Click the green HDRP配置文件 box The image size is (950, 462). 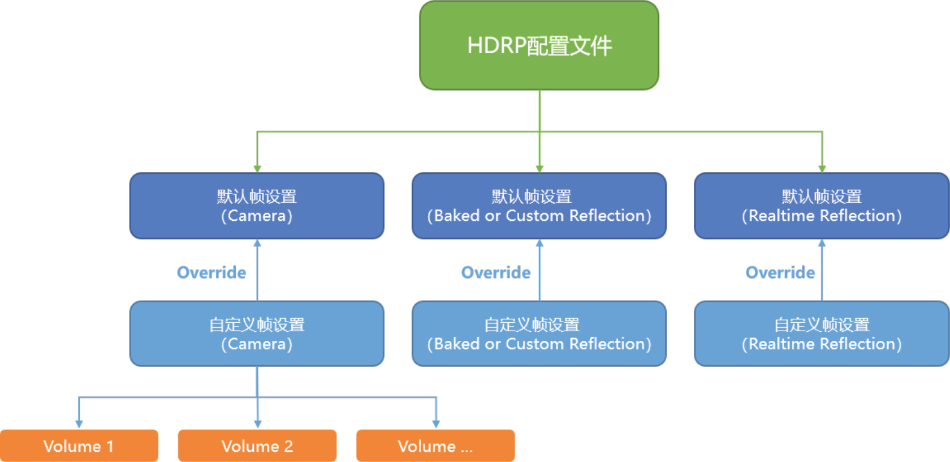coord(539,45)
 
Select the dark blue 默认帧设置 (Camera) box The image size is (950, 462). coord(257,206)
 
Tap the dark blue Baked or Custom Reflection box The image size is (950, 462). coord(539,206)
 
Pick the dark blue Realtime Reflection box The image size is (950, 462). coord(821,206)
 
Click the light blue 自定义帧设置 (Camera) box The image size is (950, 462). coord(257,333)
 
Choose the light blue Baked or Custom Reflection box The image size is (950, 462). coord(539,333)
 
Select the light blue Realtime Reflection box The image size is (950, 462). coord(821,333)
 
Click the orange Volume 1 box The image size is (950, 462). coord(79,446)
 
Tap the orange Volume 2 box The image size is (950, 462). coord(257,446)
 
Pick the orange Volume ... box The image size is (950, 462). coord(435,446)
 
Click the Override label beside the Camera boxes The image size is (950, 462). coord(211,272)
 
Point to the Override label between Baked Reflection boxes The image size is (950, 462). coord(496,272)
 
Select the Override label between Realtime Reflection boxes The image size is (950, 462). coord(780,272)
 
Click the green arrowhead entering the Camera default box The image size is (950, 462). coord(257,169)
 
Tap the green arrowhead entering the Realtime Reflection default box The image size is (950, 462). coord(822,169)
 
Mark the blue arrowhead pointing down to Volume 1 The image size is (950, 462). coord(79,424)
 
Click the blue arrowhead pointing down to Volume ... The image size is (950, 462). coord(436,424)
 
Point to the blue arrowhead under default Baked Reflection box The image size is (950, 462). coord(539,243)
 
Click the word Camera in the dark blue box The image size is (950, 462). coord(257,216)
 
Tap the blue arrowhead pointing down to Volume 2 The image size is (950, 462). coord(258,424)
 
